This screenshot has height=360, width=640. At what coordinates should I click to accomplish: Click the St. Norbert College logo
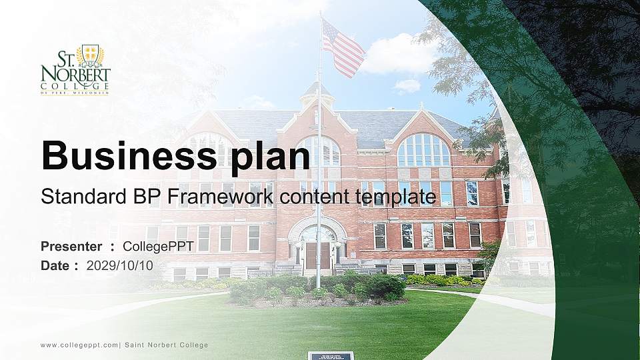tap(75, 70)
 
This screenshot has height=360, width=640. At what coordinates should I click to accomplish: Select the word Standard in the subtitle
tap(74, 197)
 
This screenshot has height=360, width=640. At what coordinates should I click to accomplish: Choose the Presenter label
tap(71, 247)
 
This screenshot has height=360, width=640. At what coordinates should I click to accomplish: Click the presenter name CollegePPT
tap(158, 247)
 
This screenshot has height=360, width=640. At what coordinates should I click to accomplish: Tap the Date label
tap(55, 265)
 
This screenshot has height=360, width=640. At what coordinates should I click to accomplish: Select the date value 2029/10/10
tap(119, 265)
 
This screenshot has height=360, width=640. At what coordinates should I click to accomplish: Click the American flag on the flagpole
tap(343, 48)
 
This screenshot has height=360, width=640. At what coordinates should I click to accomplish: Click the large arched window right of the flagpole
tap(423, 151)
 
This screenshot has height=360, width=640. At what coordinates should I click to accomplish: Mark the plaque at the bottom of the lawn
tap(330, 355)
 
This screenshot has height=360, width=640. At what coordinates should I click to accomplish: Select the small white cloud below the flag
tap(407, 85)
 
